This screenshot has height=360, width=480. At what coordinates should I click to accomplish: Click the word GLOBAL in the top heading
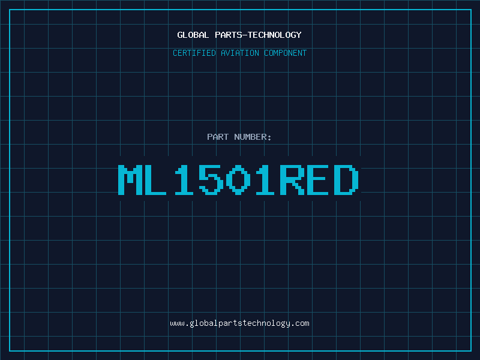(193, 35)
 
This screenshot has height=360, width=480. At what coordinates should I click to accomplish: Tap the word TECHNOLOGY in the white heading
(275, 35)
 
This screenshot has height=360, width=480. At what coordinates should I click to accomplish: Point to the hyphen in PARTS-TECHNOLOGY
(244, 35)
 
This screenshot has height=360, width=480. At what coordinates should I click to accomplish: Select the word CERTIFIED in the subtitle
(194, 53)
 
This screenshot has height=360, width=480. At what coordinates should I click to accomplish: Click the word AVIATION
(240, 53)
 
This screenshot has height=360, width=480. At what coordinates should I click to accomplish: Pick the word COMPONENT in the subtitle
(286, 53)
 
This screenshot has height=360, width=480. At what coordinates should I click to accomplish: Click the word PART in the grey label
(218, 137)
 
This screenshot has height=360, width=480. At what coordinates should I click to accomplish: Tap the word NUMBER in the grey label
(250, 137)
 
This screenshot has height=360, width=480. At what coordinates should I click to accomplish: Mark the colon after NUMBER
(269, 138)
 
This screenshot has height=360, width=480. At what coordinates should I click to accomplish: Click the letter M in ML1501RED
(130, 179)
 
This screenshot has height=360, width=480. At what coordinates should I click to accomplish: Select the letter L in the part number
(155, 179)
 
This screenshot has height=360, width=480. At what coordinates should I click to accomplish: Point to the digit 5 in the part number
(211, 179)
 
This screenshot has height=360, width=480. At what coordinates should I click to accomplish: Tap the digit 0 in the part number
(238, 179)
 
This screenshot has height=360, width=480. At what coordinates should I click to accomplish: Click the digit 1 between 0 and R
(265, 179)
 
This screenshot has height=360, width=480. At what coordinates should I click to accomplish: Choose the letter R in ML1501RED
(292, 179)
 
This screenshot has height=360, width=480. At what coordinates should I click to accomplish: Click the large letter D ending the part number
(346, 179)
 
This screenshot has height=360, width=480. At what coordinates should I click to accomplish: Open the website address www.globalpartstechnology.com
(239, 323)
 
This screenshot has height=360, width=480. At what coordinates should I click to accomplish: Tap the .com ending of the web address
(300, 323)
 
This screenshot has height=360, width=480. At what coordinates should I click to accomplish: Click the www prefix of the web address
(177, 323)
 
